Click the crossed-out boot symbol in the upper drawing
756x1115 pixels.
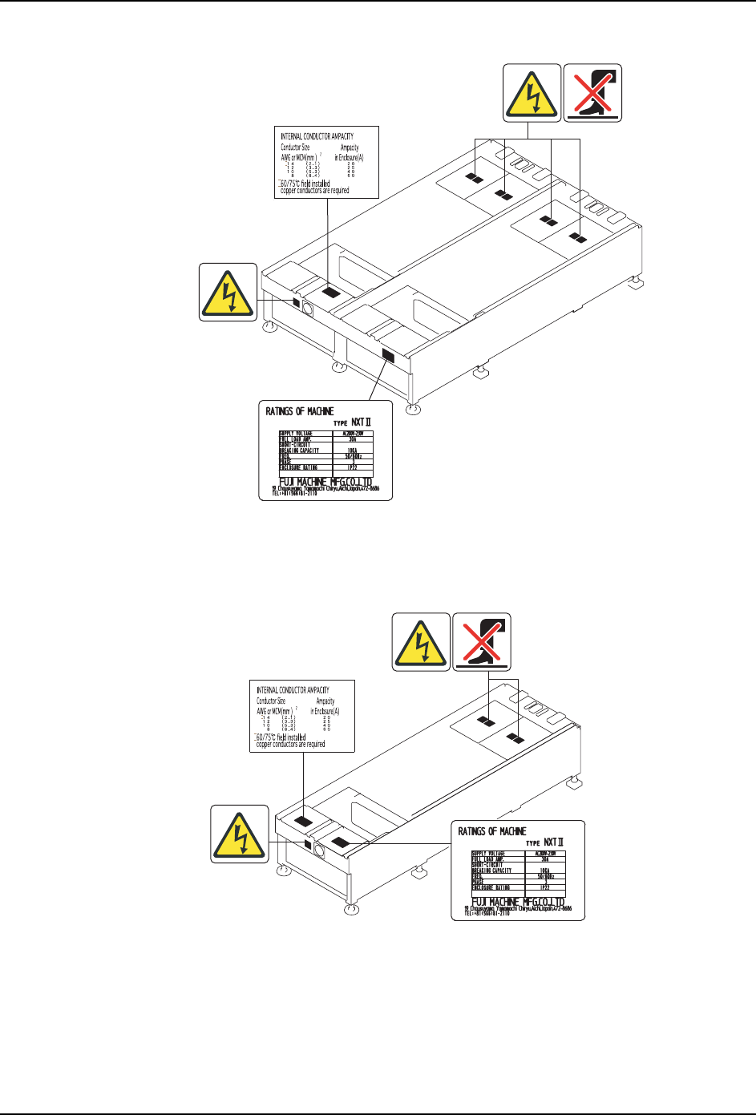(592, 93)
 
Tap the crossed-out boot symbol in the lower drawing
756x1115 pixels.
(482, 641)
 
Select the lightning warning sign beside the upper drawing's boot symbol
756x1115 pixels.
(532, 93)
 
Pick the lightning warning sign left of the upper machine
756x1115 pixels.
(228, 292)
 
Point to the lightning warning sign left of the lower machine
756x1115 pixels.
(240, 834)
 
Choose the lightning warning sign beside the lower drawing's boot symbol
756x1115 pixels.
(421, 641)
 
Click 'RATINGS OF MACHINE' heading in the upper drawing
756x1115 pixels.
(300, 411)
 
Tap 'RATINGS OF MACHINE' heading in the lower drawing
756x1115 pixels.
(492, 831)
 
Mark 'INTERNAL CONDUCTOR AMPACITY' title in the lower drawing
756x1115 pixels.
(293, 690)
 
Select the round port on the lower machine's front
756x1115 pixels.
(318, 848)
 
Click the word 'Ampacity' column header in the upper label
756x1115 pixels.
(349, 147)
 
